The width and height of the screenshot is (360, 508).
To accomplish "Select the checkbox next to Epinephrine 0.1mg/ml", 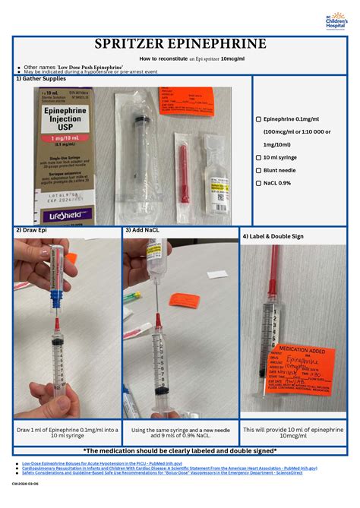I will (258, 119).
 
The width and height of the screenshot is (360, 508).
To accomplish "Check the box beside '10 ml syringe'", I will (258, 157).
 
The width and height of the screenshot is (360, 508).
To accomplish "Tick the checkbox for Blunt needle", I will (258, 170).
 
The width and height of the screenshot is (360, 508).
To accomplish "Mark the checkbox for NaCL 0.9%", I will (258, 183).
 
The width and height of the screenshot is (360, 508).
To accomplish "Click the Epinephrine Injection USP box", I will (64, 156).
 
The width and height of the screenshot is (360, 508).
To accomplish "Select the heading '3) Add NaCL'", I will (144, 229).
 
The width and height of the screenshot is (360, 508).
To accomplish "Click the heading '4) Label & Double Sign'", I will (273, 236).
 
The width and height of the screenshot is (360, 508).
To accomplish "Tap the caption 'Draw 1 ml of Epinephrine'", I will (68, 434).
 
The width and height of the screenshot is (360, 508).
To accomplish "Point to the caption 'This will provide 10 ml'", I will (292, 434).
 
